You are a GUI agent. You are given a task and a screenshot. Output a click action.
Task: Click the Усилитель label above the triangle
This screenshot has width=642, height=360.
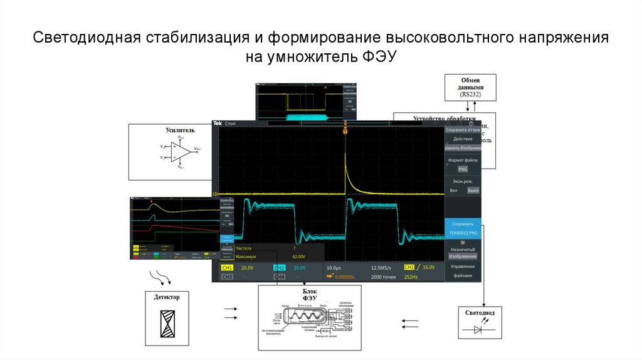tap(180, 130)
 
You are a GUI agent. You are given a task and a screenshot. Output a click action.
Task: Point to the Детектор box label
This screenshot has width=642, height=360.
tap(166, 297)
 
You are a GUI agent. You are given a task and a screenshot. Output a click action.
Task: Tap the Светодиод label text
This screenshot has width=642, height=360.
tap(480, 312)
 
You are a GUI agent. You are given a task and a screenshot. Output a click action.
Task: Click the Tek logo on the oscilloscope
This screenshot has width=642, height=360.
tap(218, 124)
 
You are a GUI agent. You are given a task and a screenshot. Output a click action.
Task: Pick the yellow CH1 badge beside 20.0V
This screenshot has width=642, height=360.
tap(227, 268)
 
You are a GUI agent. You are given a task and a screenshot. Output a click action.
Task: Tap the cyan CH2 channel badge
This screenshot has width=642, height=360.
tap(280, 268)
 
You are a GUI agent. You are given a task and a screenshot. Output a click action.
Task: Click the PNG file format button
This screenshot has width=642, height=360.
tap(463, 169)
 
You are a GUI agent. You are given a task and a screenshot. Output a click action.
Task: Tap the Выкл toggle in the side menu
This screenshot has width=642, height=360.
tap(473, 191)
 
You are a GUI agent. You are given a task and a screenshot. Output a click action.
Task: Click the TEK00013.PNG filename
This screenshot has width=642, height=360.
tap(463, 233)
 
